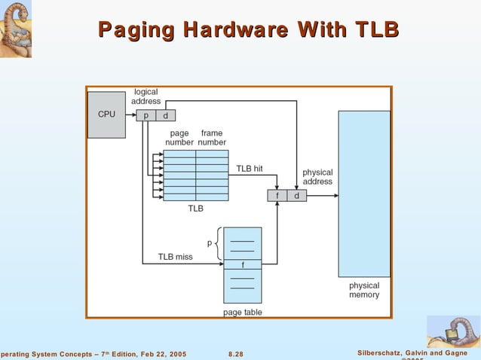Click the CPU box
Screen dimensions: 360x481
click(x=106, y=114)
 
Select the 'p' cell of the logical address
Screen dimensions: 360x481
click(x=146, y=115)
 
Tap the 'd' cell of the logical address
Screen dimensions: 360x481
click(x=165, y=115)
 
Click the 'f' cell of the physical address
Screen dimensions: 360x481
click(x=277, y=196)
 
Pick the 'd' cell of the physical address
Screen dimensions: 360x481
click(x=297, y=196)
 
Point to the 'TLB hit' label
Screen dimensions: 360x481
click(x=250, y=168)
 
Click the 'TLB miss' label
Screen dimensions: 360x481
click(x=175, y=257)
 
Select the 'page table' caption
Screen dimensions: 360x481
click(x=243, y=312)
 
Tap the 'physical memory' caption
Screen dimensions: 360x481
click(x=364, y=290)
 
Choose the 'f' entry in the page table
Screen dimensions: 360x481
click(x=243, y=264)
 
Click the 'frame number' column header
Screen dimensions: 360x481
click(x=212, y=138)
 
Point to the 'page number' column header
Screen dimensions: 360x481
click(x=179, y=138)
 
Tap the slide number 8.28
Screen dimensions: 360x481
click(x=236, y=354)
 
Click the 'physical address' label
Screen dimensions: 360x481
click(x=317, y=177)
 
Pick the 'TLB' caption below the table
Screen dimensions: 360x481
click(x=195, y=209)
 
